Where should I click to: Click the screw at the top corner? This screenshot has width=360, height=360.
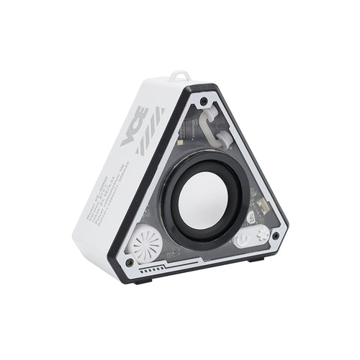pos(204,102)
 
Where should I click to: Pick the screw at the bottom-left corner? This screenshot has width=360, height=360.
pos(130,262)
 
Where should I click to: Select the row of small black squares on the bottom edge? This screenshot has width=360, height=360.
pos(152,271)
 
